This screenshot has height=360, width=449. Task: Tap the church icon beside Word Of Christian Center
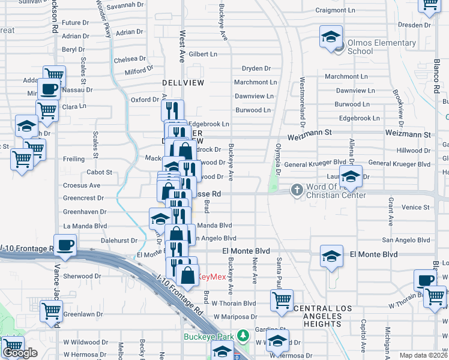[296, 190]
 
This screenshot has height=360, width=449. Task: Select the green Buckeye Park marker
[243, 335]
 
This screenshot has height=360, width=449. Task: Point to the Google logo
[20, 352]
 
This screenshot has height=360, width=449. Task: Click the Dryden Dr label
[258, 68]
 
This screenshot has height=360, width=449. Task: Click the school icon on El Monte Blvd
[331, 256]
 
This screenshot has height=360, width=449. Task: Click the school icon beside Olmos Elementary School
[331, 37]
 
